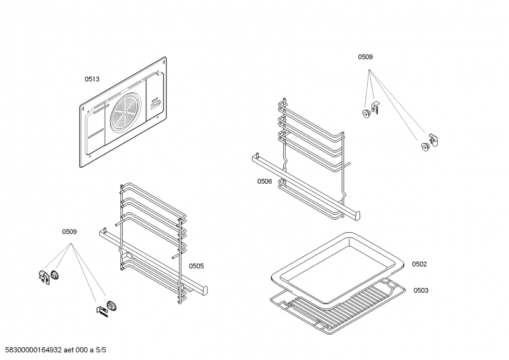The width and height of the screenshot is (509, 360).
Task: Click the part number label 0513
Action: (x=92, y=80)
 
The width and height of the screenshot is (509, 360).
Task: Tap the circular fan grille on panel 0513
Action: (x=129, y=114)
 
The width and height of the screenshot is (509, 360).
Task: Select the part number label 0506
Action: (x=265, y=181)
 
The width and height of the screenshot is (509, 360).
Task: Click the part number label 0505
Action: (x=196, y=266)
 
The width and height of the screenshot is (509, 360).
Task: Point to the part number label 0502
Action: (x=419, y=264)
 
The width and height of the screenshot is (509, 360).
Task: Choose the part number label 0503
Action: (x=421, y=291)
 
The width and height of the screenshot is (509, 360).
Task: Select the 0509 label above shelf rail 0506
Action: (x=365, y=57)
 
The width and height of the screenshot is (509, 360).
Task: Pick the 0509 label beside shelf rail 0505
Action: (x=69, y=232)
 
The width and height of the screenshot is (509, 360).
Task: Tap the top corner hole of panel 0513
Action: (x=164, y=62)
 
